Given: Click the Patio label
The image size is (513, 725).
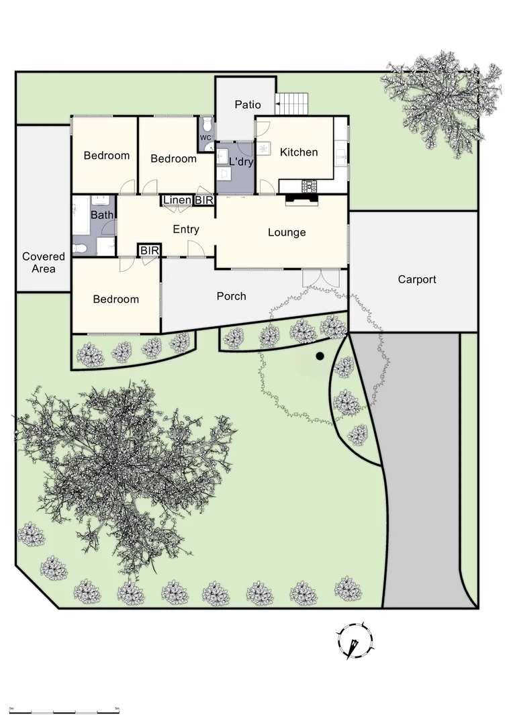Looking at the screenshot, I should [x=247, y=105].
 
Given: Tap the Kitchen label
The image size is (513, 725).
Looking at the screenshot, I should [x=299, y=152].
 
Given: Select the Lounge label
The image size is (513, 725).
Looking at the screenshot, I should [x=287, y=232].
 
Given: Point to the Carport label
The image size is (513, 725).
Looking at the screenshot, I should [x=417, y=279].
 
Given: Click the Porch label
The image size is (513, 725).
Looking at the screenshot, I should [x=231, y=296].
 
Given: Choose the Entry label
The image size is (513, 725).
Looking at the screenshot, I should [x=186, y=230].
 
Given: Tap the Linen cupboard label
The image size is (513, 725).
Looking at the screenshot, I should [x=177, y=201].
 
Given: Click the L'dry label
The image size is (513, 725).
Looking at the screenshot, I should [x=240, y=162].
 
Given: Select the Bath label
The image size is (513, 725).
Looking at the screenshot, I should [x=102, y=215].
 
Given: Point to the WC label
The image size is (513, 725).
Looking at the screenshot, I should [x=206, y=138].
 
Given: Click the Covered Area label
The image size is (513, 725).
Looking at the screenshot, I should [x=44, y=262].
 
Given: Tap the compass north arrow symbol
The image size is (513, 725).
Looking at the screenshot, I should [x=355, y=641].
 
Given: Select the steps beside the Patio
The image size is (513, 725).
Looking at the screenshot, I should [x=293, y=104].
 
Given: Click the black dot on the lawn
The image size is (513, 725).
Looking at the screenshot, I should [x=320, y=356].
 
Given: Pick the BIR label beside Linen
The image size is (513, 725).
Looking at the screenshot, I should [x=204, y=201].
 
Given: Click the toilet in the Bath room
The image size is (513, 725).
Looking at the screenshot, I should [x=80, y=249].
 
